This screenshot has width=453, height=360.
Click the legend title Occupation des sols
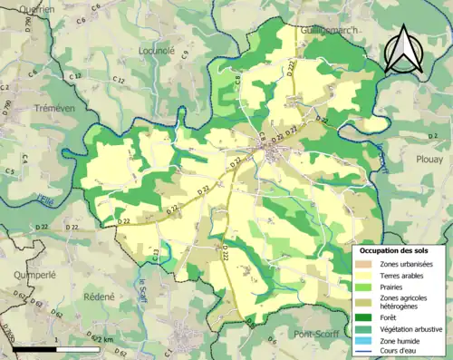394,250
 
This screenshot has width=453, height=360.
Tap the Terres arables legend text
404,276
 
